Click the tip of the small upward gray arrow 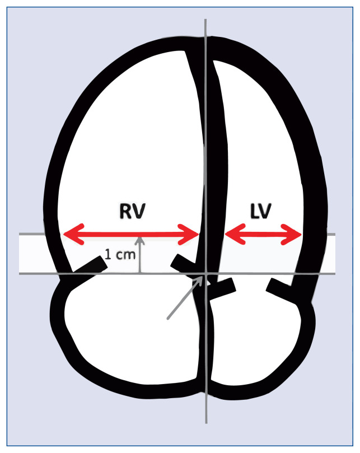tap(140, 239)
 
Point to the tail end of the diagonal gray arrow tap(167, 319)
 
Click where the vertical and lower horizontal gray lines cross tap(207, 274)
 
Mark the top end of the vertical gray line tap(207, 20)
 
